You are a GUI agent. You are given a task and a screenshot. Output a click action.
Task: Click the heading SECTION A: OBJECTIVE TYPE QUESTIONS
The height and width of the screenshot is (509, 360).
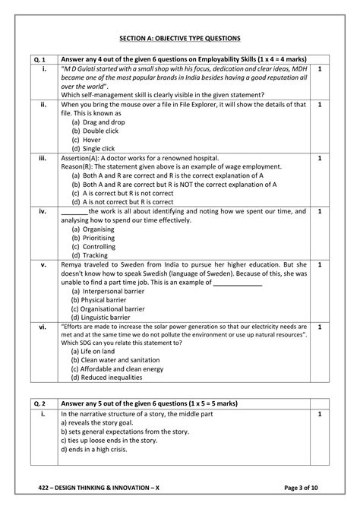coord(180,37)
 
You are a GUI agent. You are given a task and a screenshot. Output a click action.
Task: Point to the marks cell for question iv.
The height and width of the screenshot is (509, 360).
coord(320,211)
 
